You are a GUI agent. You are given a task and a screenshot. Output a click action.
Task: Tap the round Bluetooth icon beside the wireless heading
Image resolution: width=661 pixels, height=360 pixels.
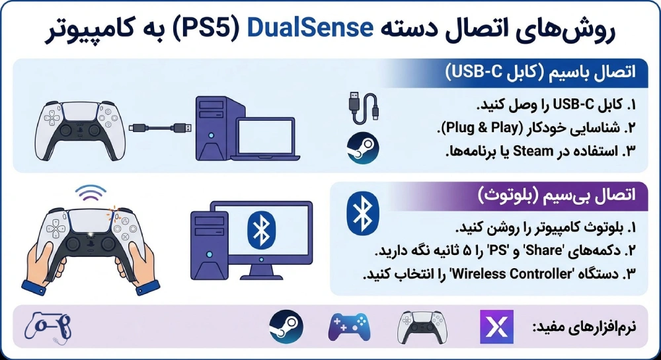click(x=362, y=213)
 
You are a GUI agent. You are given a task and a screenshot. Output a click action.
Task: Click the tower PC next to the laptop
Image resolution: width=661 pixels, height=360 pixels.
click(x=211, y=127)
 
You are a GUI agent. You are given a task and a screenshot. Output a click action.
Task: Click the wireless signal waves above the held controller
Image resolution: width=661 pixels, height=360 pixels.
click(x=90, y=192)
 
